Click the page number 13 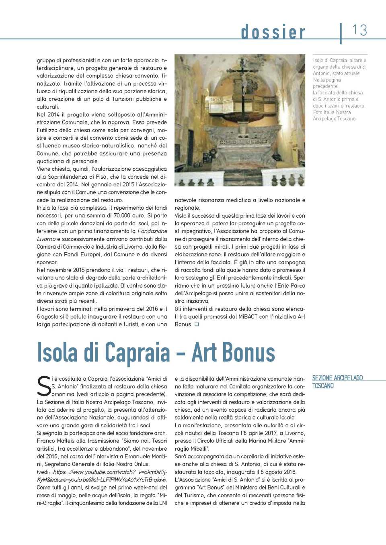click(x=359, y=30)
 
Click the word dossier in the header click(x=273, y=32)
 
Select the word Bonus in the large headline click(x=247, y=353)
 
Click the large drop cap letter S click(x=44, y=386)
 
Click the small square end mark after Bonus click(x=197, y=324)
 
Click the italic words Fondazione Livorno click(x=152, y=231)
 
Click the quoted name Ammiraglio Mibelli click(x=295, y=441)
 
